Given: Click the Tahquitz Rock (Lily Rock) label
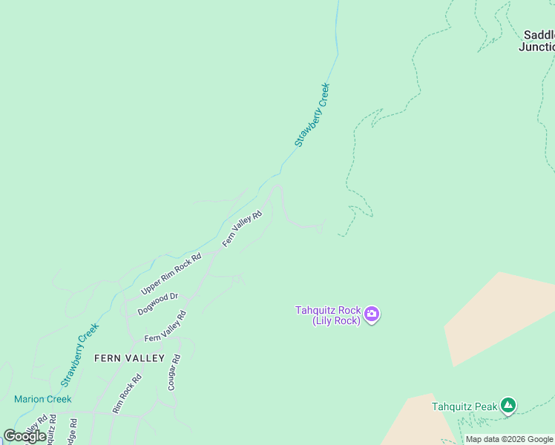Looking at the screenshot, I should coord(328,315).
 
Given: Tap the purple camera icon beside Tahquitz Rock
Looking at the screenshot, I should coord(372,314).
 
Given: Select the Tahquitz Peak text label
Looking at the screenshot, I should coord(464,406).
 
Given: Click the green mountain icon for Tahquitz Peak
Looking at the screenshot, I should coord(508,405).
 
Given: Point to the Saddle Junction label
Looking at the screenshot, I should coord(537,41).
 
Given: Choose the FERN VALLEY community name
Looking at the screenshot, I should coord(129,358).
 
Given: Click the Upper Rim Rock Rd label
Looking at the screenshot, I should coord(171,274).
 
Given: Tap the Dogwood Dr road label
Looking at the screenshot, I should coord(158,304).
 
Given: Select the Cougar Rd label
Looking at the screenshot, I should coord(174,372).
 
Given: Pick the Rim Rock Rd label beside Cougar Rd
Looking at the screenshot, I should coord(126,394).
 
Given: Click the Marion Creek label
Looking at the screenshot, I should coord(42,399).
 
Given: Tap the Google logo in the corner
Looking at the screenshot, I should coord(24,435).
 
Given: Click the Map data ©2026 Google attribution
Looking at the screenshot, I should coord(509,439).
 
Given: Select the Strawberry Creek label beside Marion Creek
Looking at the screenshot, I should coord(80,355).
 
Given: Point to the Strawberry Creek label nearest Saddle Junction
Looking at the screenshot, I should coord(312,114).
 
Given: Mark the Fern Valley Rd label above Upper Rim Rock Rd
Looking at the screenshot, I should coord(243,228).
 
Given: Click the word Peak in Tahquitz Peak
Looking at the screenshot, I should coord(483,406).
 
